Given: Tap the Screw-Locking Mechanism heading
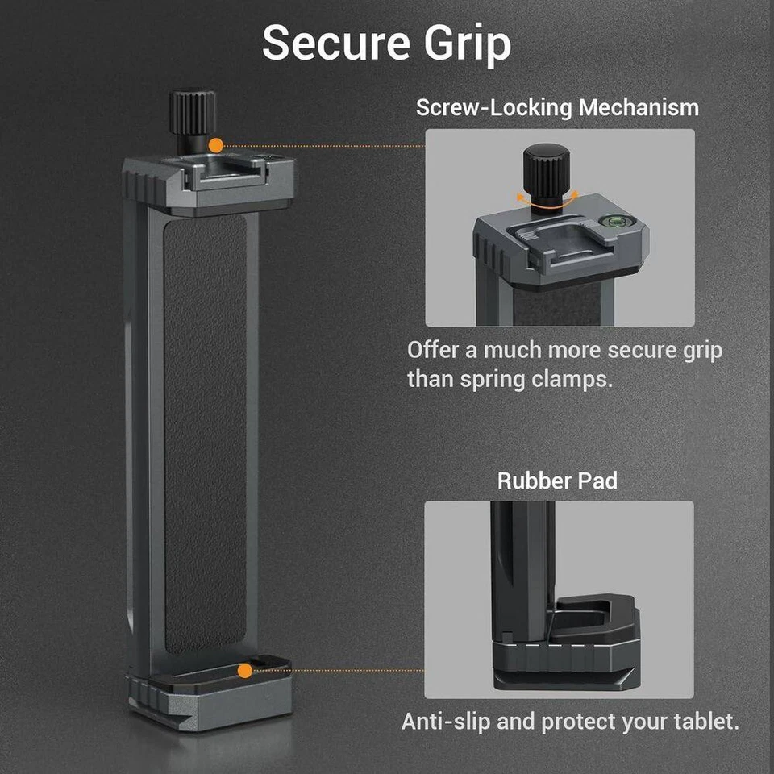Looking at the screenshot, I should (x=557, y=107).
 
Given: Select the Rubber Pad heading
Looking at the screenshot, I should (x=557, y=481).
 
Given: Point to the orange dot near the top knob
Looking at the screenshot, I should (x=215, y=146).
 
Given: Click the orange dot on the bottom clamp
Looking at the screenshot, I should (x=243, y=669).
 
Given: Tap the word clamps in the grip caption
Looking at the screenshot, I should (x=572, y=378).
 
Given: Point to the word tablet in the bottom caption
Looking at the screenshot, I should (x=703, y=722).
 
